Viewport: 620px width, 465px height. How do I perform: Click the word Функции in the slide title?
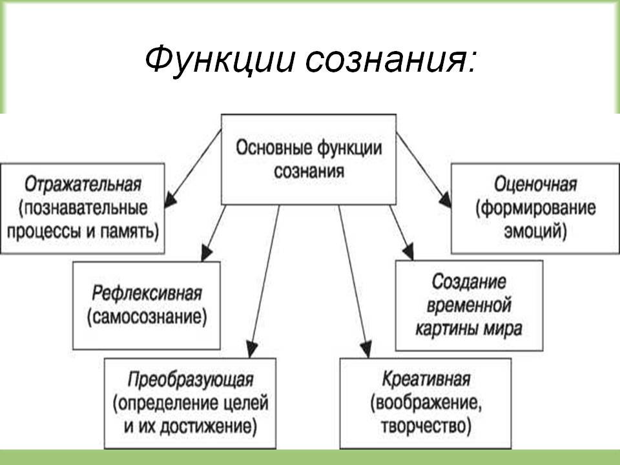tap(220, 60)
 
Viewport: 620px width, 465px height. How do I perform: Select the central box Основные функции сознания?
tap(309, 160)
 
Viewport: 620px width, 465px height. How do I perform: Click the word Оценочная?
tap(535, 185)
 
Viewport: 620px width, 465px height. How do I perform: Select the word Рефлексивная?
tap(147, 294)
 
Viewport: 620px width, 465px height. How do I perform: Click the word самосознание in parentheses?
tap(147, 317)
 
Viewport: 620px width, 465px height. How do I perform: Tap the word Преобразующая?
tap(191, 380)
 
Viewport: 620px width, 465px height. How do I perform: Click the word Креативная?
tap(426, 379)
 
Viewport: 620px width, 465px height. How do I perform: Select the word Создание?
tap(469, 282)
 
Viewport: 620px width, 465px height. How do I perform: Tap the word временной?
tap(469, 305)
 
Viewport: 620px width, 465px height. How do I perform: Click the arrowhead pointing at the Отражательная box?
tap(170, 200)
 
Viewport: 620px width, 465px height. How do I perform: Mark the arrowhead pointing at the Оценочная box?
tap(446, 200)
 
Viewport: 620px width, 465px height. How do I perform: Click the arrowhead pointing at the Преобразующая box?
tap(252, 349)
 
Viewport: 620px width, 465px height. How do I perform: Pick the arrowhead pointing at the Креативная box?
tap(366, 349)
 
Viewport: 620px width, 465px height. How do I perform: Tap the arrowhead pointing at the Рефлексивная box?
tap(206, 253)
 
